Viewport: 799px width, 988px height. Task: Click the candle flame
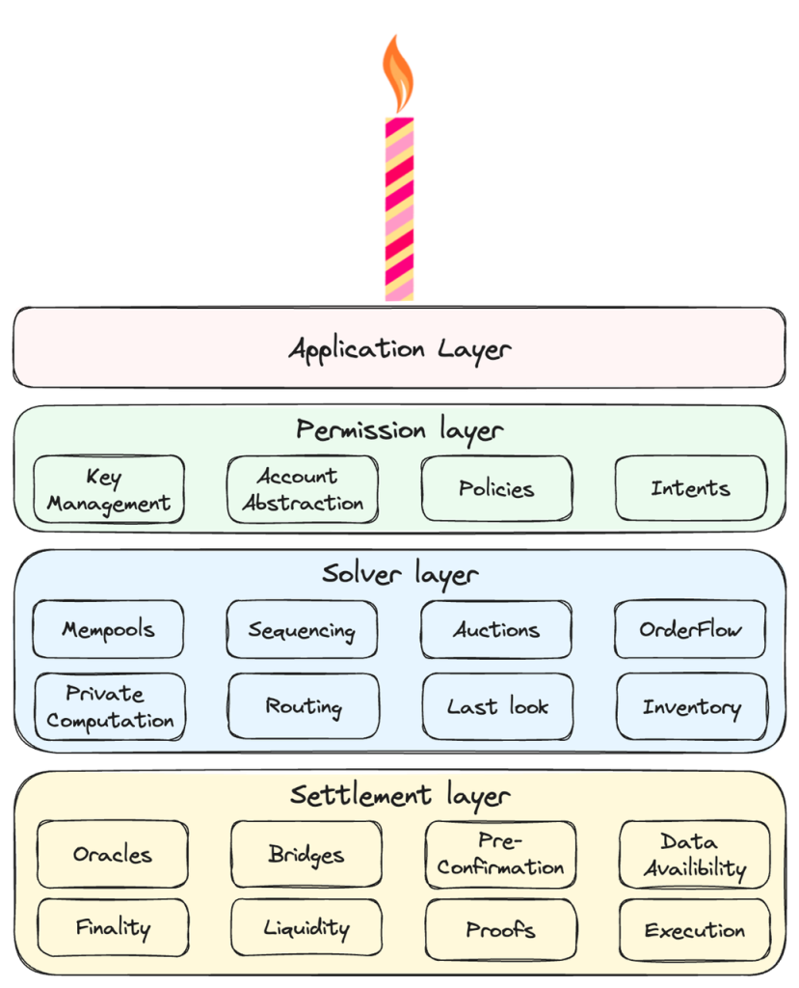398,74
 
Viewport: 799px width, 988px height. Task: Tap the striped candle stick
399,209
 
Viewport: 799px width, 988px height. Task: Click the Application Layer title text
400,349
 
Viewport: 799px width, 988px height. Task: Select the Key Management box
109,489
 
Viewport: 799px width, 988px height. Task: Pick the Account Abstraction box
303,489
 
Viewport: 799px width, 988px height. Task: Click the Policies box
496,489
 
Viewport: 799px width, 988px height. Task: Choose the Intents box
691,488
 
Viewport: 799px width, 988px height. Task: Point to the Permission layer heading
400,431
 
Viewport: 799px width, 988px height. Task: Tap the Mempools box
108,629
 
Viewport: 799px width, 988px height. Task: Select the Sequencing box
303,629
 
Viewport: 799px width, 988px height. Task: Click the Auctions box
496,629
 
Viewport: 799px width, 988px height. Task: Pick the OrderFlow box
690,629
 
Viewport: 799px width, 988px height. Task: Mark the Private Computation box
110,706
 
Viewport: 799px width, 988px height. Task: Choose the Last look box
498,706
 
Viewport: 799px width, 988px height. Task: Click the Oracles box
113,855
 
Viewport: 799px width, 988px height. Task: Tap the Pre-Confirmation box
500,855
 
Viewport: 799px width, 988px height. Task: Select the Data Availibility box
695,855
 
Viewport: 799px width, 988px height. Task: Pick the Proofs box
501,929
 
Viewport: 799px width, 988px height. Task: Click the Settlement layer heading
400,796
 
